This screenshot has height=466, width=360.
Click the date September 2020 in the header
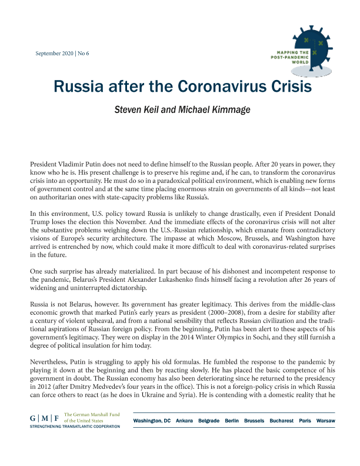[x=55, y=54]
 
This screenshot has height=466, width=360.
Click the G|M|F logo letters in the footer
[x=45, y=418]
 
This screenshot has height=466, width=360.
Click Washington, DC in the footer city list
[x=152, y=422]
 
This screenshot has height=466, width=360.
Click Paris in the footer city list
[x=306, y=422]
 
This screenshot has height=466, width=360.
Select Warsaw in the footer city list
[x=325, y=422]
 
